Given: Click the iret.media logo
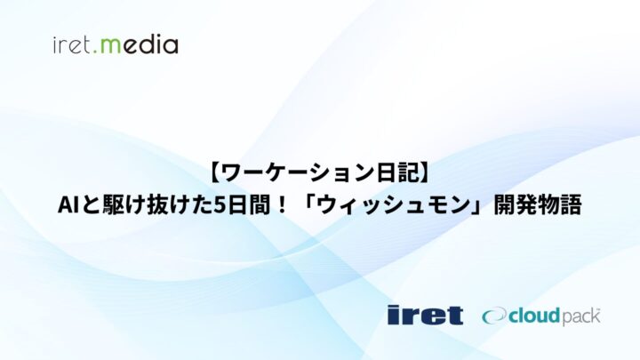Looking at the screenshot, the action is [116, 45].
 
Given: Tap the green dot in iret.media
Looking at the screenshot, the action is [95, 52].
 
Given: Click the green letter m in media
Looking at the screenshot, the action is [110, 46].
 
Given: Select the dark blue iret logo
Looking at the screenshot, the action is [425, 315].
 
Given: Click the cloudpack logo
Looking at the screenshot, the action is [540, 316].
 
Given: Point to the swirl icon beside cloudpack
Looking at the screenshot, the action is [495, 316].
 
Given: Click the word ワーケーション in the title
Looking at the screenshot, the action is [299, 174].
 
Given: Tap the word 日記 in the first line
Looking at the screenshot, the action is [396, 174].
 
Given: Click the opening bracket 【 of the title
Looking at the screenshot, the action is [215, 174].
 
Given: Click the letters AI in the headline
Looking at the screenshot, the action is [68, 205].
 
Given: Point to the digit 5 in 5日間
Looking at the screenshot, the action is [220, 205].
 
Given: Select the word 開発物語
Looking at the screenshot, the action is [538, 205].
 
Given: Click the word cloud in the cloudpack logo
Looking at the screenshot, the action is [535, 316].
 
